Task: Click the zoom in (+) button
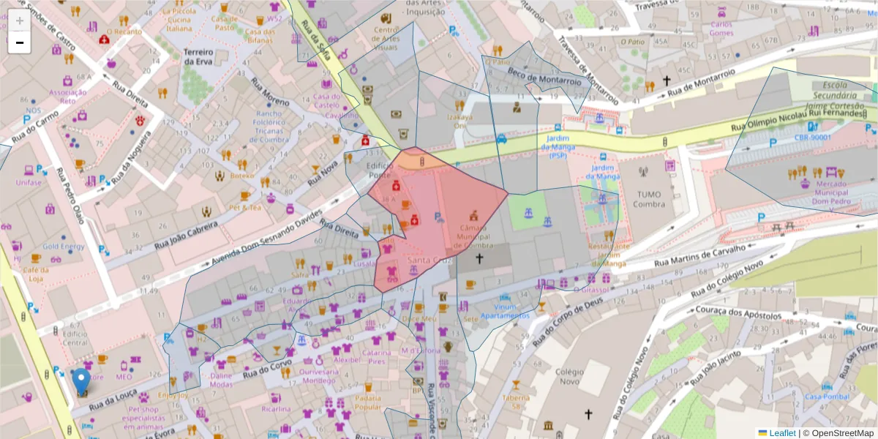(19, 20)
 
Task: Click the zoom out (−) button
(19, 42)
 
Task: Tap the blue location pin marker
(81, 381)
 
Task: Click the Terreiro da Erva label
(198, 57)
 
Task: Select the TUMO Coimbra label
(648, 199)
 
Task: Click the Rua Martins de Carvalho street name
(699, 256)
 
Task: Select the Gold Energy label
(63, 247)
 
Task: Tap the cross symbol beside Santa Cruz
(479, 258)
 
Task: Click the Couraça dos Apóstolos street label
(750, 315)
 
